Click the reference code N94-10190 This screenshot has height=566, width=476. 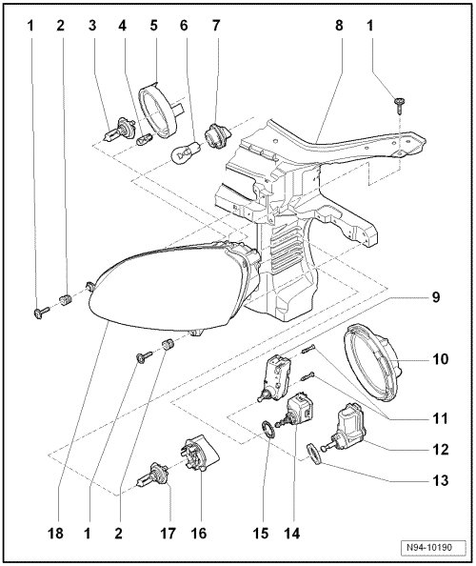pos(433,547)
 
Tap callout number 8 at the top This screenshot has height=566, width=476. pos(339,26)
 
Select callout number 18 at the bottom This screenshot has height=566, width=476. pos(55,533)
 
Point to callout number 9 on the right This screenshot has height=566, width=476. pos(436,297)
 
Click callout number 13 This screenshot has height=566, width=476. pos(440,480)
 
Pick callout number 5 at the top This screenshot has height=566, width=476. pos(153,26)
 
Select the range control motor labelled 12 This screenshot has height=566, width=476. pos(346,428)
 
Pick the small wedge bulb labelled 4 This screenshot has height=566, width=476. pos(145,139)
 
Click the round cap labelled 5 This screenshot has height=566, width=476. pos(159,111)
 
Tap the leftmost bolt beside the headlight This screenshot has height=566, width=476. pos(41,312)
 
